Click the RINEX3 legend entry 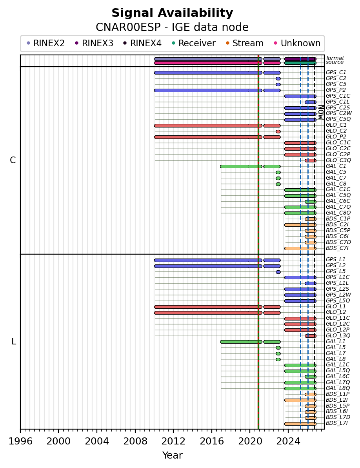[94, 43]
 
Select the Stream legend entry [245, 43]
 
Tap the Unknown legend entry [297, 43]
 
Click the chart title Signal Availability [173, 13]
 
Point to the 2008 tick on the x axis [135, 429]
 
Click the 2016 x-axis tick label [212, 441]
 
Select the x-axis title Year [173, 455]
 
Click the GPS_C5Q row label [338, 119]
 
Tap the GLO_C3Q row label [338, 160]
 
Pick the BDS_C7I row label [337, 248]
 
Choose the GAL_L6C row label [338, 376]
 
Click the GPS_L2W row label [338, 295]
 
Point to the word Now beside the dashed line [321, 112]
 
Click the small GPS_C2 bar [278, 79]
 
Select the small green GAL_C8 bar [278, 184]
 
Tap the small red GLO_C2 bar [278, 131]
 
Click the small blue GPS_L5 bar [278, 272]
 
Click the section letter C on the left [13, 160]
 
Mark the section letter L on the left [13, 341]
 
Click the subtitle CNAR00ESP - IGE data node [172, 27]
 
